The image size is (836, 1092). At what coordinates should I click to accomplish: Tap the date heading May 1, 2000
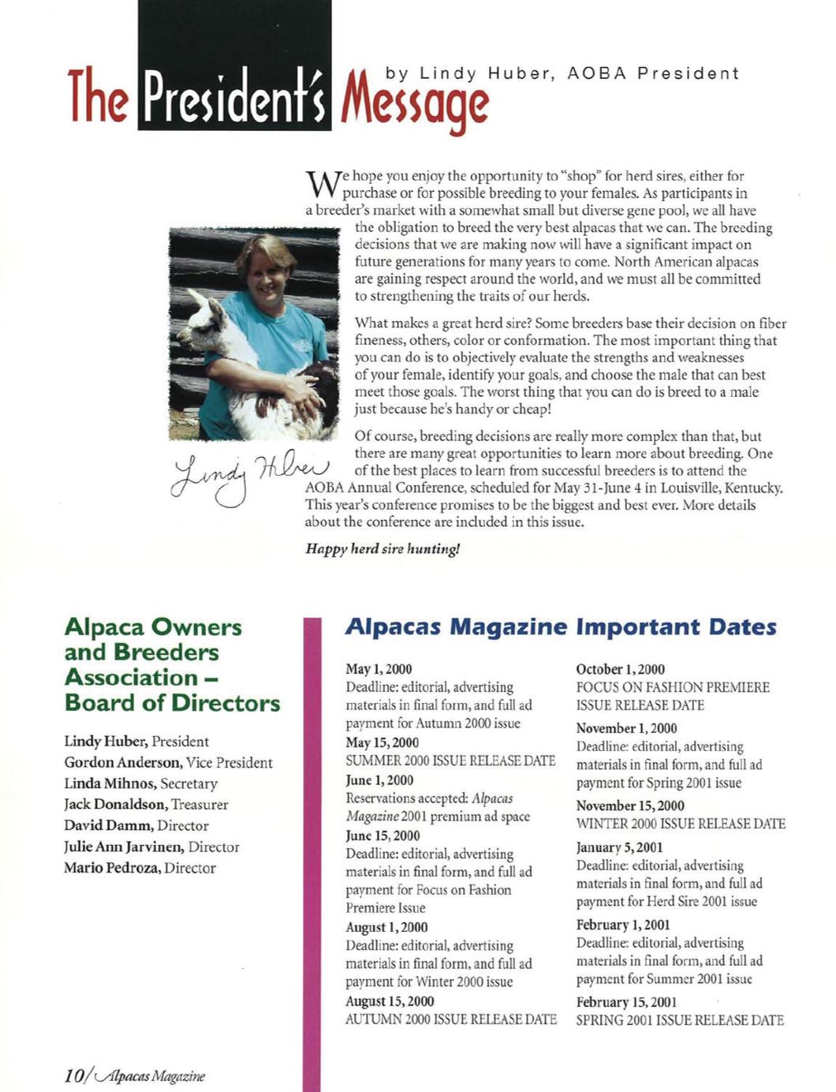379,669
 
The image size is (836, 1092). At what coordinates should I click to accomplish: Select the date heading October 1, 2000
620,669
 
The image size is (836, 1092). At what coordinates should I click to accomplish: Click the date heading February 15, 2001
626,1001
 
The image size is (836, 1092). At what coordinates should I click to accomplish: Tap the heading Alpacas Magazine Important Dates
561,627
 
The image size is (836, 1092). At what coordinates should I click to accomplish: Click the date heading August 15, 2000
390,1000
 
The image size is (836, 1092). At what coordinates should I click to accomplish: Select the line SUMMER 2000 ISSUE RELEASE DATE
450,761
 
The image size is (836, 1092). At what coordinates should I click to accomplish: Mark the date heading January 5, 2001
619,847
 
